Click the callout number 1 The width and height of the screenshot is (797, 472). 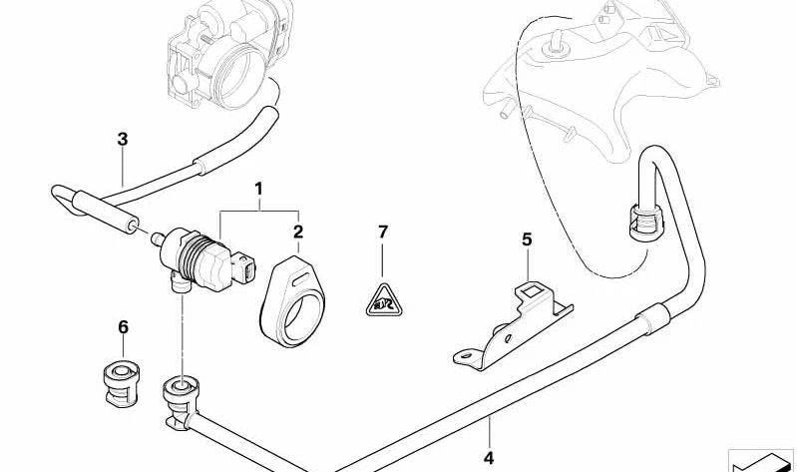coord(258,190)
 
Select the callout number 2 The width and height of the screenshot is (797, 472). coord(298,232)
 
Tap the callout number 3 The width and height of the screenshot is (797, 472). coord(123,139)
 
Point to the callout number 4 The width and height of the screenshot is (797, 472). coord(488,458)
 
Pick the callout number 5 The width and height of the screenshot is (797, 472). coord(527,238)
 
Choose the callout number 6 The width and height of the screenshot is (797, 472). coord(123,327)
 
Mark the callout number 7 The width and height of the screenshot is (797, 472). coord(383,232)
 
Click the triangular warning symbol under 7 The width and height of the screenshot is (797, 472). coord(384,302)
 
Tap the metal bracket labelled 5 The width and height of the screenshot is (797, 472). coord(514,325)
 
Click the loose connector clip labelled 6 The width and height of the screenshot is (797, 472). coord(121,384)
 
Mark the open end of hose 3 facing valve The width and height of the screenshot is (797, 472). coord(132,226)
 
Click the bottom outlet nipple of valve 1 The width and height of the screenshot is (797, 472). coord(180,282)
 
